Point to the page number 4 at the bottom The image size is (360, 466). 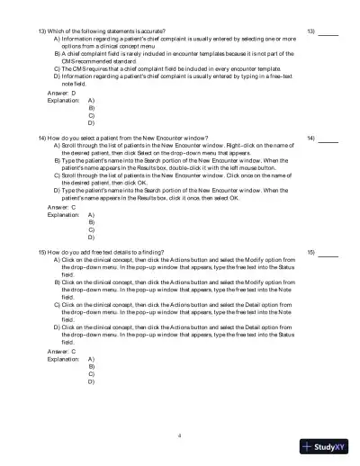pos(180,435)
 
